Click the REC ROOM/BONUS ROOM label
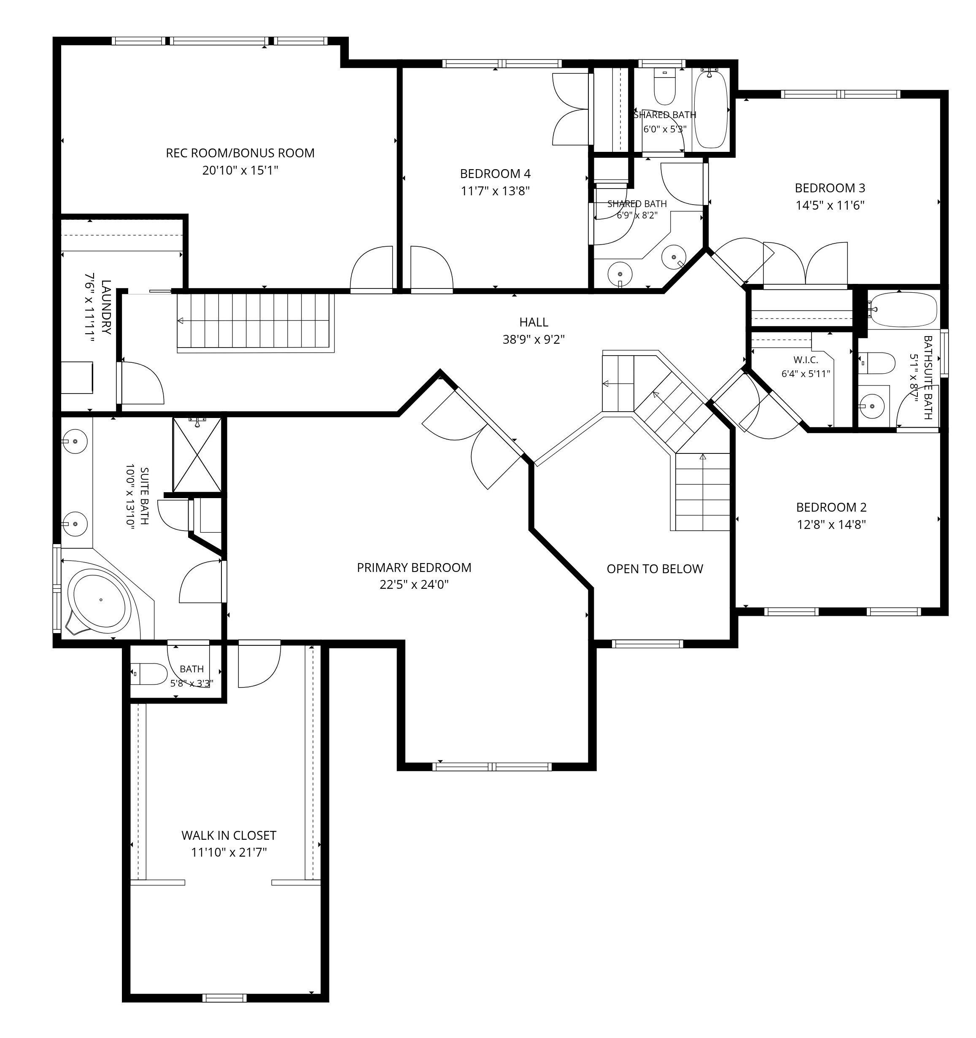[240, 153]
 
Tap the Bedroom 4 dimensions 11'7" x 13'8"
[495, 191]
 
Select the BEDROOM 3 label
[830, 188]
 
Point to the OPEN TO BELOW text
[655, 569]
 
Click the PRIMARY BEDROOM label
[414, 568]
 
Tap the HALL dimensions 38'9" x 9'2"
[534, 340]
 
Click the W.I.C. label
[806, 360]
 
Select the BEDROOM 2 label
[831, 507]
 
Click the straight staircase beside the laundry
[255, 323]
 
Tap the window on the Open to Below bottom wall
[647, 644]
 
